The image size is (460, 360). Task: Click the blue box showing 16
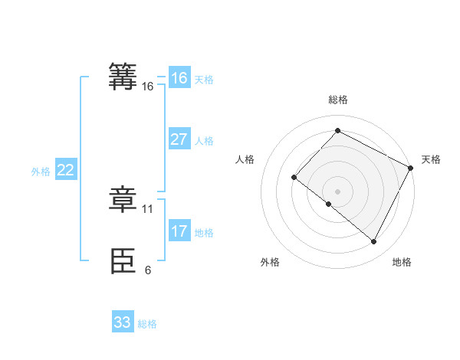point(179,78)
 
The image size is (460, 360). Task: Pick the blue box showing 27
point(179,139)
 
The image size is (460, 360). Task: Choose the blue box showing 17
point(179,231)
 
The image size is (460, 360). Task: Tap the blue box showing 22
point(65,170)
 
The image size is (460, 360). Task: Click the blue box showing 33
point(123,322)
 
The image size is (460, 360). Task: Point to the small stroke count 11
point(148,208)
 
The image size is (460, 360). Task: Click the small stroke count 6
point(148,270)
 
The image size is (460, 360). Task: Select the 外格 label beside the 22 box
point(41,172)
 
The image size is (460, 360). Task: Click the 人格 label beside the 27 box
point(204,141)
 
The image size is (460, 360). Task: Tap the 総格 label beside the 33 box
point(147,324)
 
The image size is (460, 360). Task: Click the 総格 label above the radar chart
point(337,100)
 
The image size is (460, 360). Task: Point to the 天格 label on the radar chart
point(431,159)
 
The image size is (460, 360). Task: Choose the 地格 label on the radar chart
point(402,262)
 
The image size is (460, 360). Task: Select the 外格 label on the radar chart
point(270,262)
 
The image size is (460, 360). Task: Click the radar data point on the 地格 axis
point(374,242)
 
